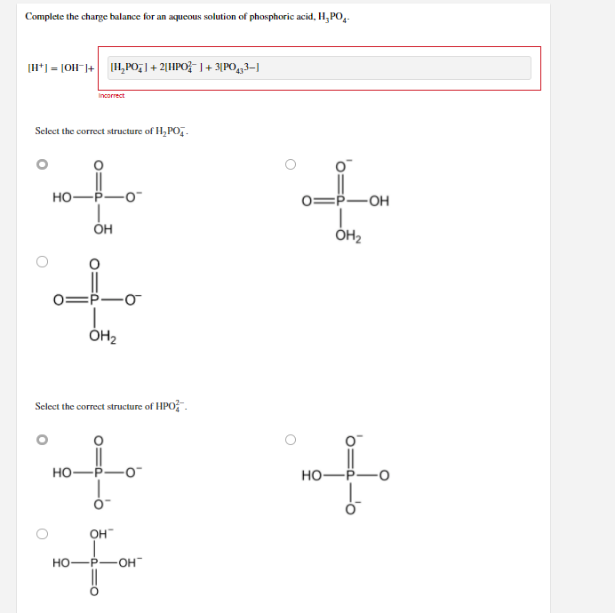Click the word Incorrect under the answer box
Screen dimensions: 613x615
point(111,96)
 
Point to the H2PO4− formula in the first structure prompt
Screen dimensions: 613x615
point(172,131)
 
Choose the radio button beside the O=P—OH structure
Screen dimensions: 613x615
point(290,164)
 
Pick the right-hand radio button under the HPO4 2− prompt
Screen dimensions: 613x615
point(290,439)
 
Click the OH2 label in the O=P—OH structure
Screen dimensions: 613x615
point(347,235)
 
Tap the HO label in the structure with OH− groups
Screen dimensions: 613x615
point(62,563)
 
